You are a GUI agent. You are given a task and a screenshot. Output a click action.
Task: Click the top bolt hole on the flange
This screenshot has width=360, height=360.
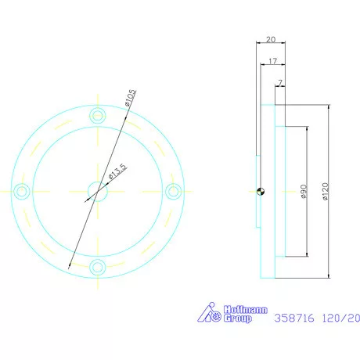[x=97, y=115]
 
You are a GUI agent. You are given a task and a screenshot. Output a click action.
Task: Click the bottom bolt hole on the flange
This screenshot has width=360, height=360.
[x=97, y=267]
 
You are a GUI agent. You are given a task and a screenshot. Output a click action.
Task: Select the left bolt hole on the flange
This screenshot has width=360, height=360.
[x=22, y=190]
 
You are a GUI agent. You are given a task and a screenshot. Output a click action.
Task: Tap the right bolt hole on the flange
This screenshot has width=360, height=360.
[x=174, y=190]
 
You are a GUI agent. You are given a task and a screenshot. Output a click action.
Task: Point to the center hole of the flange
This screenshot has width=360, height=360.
[x=97, y=190]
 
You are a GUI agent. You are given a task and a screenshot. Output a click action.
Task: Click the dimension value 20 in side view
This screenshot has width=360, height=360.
[x=271, y=39]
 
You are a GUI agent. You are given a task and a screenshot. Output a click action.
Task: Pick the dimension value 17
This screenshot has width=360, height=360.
[x=271, y=60]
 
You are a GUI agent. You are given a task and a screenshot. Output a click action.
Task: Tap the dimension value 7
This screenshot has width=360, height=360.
[x=279, y=81]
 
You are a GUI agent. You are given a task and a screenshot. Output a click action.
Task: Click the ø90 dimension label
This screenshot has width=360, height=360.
[x=301, y=191]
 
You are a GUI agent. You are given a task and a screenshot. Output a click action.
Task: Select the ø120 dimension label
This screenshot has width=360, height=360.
[x=323, y=191]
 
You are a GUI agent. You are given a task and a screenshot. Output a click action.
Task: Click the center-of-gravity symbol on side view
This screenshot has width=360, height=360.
[x=261, y=190]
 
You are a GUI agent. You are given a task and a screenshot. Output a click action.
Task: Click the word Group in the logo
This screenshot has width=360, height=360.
[x=238, y=319]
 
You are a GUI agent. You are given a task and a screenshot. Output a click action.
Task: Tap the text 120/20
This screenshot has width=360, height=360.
[x=341, y=319]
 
